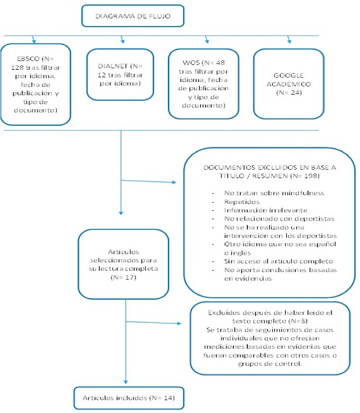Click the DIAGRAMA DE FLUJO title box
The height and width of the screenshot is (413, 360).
(x=132, y=15)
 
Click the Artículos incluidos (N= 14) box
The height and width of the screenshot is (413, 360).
(x=129, y=398)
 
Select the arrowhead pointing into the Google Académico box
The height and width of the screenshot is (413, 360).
(x=289, y=42)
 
